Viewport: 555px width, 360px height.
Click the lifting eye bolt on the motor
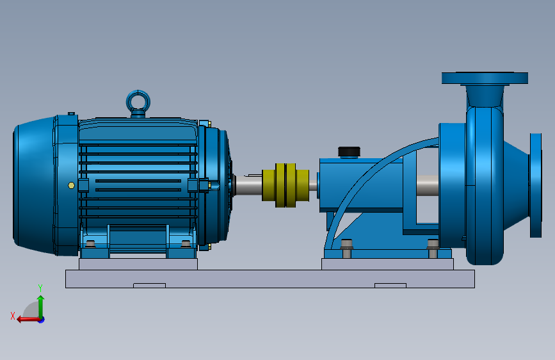138,101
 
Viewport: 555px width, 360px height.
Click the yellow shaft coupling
286,184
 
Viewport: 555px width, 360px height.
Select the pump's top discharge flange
485,78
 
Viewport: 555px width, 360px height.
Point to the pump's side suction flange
536,185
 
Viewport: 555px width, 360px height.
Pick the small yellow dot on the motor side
71,185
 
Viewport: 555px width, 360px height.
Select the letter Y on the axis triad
40,288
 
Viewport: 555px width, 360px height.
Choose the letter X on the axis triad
13,316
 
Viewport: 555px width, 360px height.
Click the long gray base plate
269,279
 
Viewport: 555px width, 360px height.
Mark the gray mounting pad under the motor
138,264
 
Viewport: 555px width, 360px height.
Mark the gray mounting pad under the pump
387,264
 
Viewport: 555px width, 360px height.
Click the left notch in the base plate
149,285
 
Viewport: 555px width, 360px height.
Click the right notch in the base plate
390,285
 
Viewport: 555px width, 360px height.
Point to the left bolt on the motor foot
90,244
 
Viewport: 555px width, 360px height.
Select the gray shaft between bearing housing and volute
426,185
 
